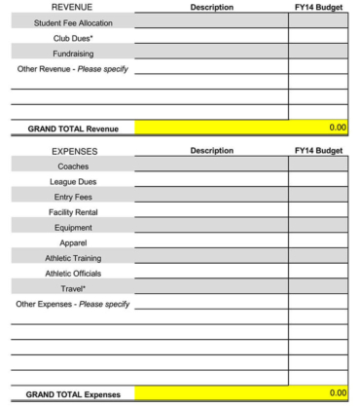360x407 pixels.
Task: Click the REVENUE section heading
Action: (72, 7)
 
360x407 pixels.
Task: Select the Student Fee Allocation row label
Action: (72, 21)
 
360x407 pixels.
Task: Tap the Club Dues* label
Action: (73, 37)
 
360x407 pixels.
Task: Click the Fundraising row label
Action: (73, 53)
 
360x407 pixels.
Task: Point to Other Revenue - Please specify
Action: (73, 68)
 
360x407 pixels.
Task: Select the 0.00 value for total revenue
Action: (337, 128)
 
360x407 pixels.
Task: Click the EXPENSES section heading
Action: (73, 151)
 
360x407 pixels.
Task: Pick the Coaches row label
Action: (73, 166)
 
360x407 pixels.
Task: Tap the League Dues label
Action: (73, 181)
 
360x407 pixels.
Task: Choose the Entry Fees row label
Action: (73, 197)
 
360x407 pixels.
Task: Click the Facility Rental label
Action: (73, 212)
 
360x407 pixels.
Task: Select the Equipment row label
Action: (73, 227)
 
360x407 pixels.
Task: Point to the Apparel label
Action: (73, 242)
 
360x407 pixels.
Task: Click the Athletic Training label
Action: (73, 258)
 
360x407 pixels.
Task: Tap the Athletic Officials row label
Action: (73, 273)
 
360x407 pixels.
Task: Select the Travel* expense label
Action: (73, 288)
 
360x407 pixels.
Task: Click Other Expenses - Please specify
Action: (73, 304)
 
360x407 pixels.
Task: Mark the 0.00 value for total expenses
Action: (337, 393)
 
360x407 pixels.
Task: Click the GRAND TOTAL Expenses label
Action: (72, 394)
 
